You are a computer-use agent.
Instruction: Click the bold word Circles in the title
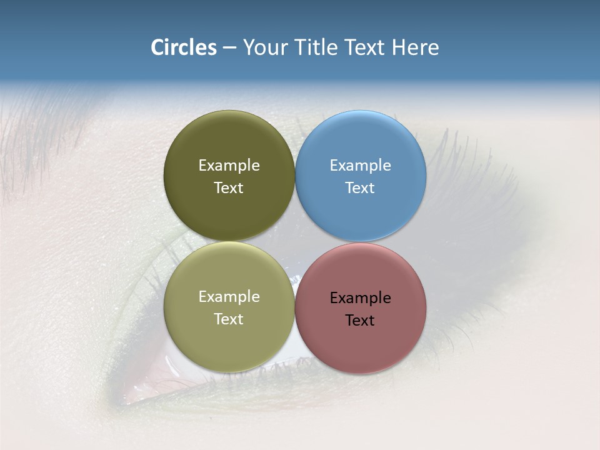[x=184, y=47]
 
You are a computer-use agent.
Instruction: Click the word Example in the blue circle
[x=361, y=166]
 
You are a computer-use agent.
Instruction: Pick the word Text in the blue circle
[x=360, y=188]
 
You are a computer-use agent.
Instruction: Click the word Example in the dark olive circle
[x=229, y=166]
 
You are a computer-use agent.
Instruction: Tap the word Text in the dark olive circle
[x=229, y=188]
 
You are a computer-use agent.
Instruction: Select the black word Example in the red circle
[x=361, y=298]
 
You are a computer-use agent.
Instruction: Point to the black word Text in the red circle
[x=360, y=321]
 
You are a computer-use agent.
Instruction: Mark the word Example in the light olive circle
[x=229, y=297]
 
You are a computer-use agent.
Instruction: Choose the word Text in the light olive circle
[x=229, y=319]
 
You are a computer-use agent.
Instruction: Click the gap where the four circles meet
[x=295, y=242]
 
